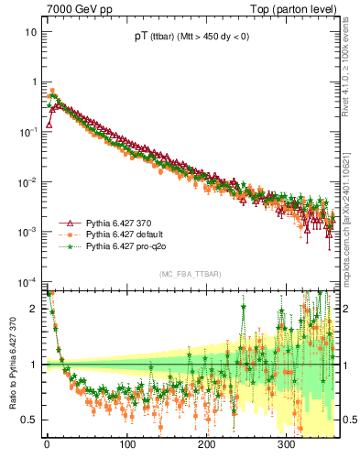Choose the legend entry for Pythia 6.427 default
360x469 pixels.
[x=125, y=234]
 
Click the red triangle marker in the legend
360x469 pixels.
[x=69, y=223]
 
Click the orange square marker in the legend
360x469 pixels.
[x=69, y=234]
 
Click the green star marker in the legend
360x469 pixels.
[x=69, y=246]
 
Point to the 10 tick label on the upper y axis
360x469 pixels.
[x=30, y=32]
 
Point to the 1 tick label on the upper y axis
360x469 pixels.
[x=33, y=82]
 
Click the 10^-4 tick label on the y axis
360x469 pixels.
[x=27, y=281]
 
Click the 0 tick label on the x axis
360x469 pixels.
[x=47, y=445]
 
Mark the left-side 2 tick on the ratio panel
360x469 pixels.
[x=32, y=308]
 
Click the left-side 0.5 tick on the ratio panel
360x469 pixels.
[x=28, y=420]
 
